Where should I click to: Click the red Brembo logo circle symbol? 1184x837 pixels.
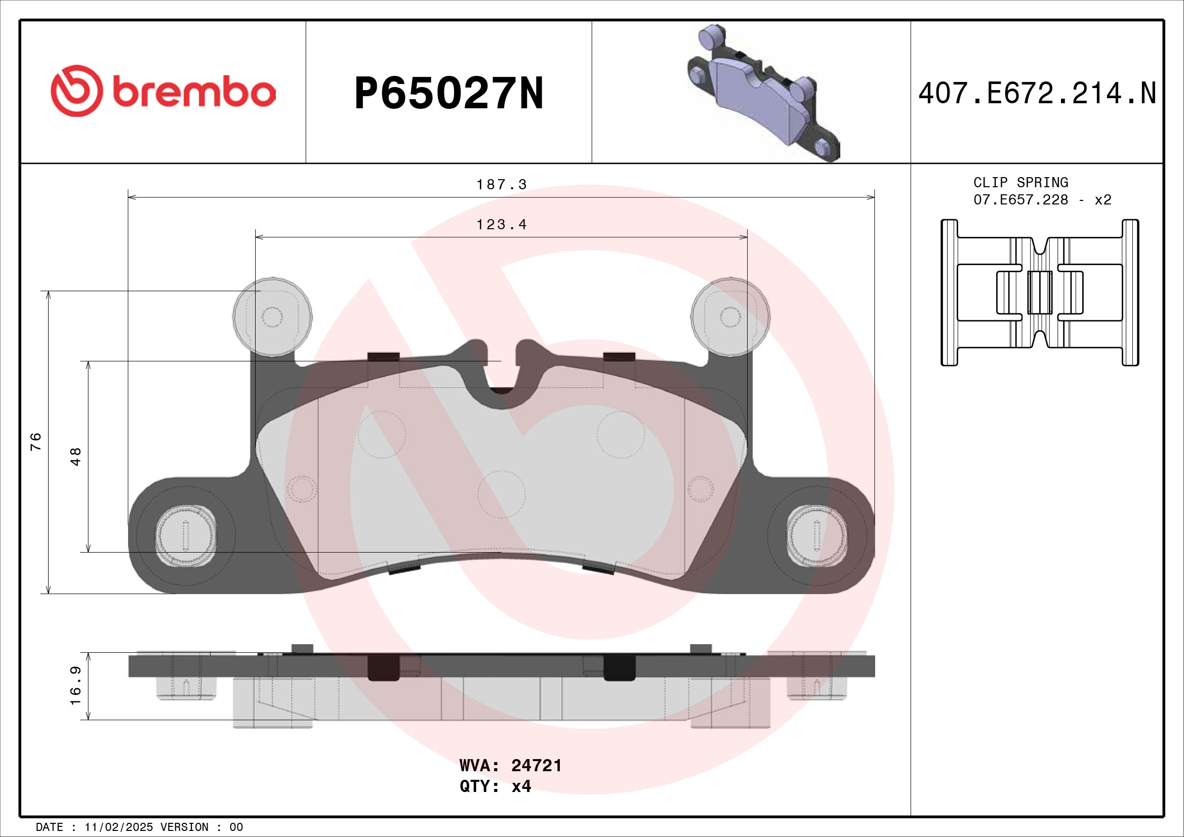click(77, 91)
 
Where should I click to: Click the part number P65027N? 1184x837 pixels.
click(448, 93)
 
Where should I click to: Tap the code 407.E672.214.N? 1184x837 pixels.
click(1037, 93)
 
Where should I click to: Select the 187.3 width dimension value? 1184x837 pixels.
click(501, 185)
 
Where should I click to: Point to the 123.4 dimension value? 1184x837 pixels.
click(501, 225)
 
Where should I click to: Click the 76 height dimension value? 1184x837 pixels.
click(35, 442)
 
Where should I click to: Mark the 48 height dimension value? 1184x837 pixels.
click(76, 456)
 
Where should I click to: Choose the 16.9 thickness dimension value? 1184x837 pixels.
click(76, 686)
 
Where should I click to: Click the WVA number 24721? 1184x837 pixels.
click(536, 765)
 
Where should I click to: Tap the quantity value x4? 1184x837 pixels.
click(521, 786)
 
